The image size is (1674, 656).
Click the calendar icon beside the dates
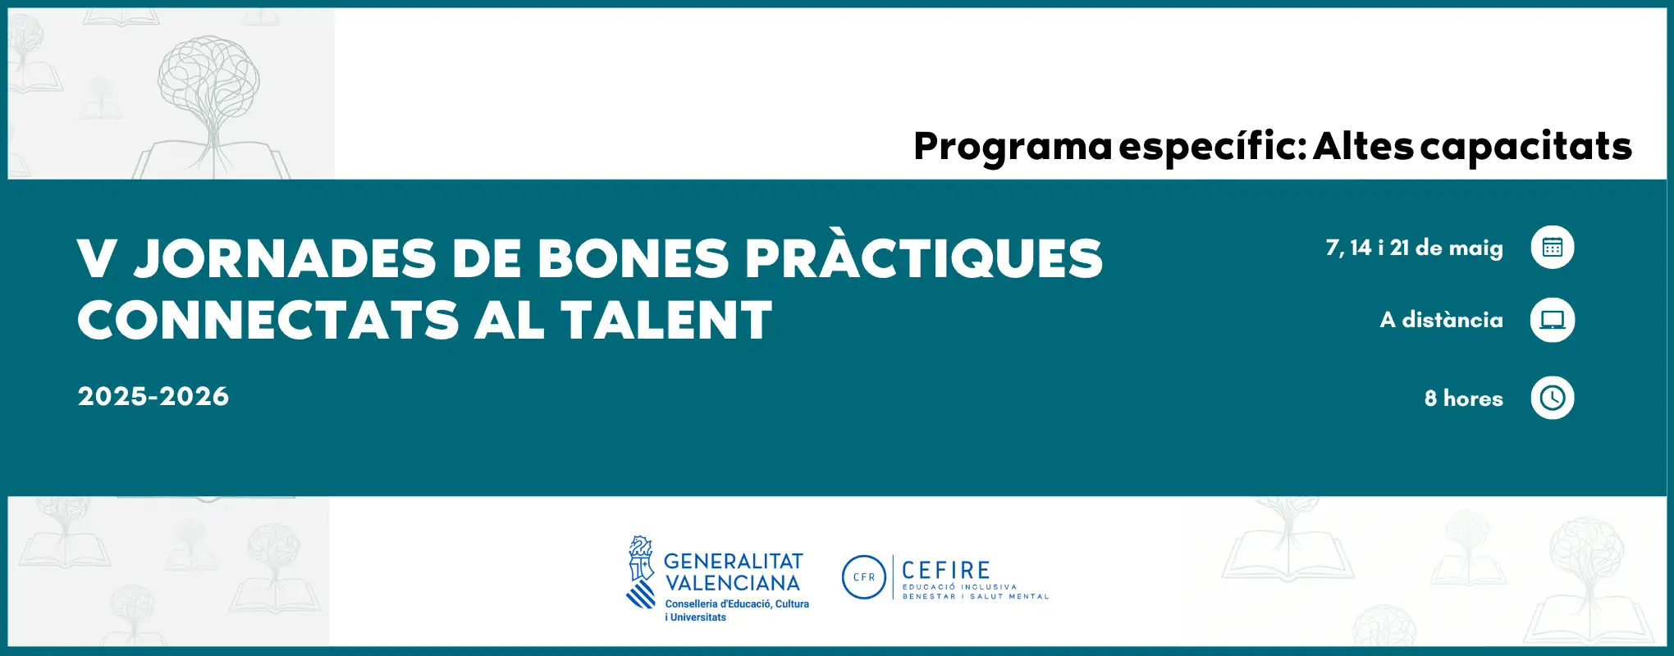click(x=1552, y=247)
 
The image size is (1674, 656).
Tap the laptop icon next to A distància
click(x=1552, y=320)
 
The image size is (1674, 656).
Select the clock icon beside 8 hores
click(x=1552, y=398)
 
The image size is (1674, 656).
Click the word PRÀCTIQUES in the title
click(x=923, y=258)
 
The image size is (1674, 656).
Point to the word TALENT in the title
click(x=666, y=320)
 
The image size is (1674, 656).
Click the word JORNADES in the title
click(x=285, y=258)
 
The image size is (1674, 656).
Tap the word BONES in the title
click(x=633, y=258)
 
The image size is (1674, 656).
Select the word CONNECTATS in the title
click(x=268, y=320)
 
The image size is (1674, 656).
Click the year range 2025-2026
click(x=153, y=397)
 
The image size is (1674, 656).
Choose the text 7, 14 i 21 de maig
click(x=1414, y=248)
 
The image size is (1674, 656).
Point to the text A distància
click(x=1441, y=320)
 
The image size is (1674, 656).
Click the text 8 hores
click(x=1463, y=399)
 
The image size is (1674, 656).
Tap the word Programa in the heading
click(x=1013, y=148)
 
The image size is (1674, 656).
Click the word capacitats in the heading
click(x=1525, y=148)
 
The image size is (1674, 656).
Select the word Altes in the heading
click(x=1363, y=148)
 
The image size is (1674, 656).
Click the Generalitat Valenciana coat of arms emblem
click(x=640, y=572)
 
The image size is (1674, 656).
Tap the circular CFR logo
click(x=864, y=577)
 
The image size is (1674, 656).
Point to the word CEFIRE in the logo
click(x=945, y=570)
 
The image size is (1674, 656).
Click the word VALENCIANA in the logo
click(x=732, y=583)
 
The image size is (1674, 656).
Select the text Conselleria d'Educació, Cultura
click(x=737, y=604)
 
